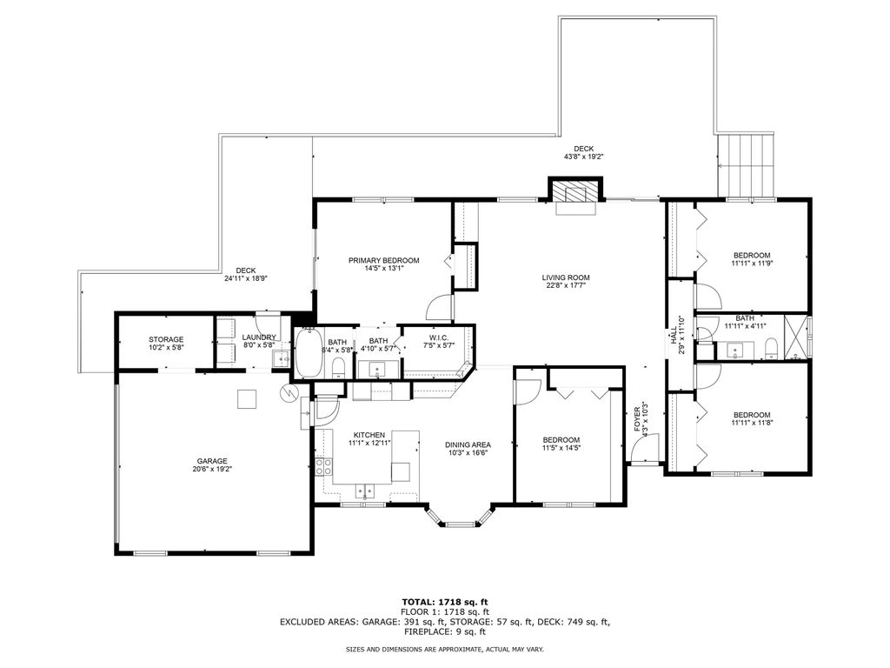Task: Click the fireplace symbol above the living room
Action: click(574, 192)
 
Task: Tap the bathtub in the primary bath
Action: click(308, 351)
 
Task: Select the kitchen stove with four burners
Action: click(323, 466)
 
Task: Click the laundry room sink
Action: click(281, 357)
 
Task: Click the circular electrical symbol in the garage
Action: click(288, 393)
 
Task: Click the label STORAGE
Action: click(165, 339)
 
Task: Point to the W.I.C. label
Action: click(438, 337)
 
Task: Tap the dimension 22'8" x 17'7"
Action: click(567, 285)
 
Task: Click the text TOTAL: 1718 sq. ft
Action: click(444, 602)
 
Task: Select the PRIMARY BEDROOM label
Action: click(383, 260)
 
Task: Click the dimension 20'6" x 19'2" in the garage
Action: click(213, 469)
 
